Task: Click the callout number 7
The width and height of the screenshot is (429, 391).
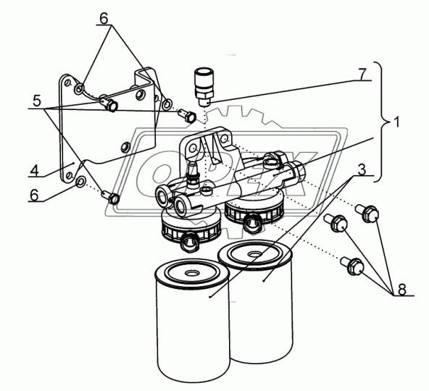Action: click(362, 74)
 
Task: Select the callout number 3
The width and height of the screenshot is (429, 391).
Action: click(362, 169)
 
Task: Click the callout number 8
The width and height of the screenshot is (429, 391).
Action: click(401, 290)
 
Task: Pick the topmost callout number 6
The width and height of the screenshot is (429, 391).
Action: click(104, 19)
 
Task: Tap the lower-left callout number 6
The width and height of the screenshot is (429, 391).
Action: click(35, 195)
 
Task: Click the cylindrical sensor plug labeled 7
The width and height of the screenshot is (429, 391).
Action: click(204, 88)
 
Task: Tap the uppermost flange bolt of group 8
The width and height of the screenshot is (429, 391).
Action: click(367, 213)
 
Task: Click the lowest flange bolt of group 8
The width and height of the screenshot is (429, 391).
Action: click(352, 266)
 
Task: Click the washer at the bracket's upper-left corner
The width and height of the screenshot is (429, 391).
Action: click(80, 88)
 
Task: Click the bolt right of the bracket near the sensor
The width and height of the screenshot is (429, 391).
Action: click(187, 115)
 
